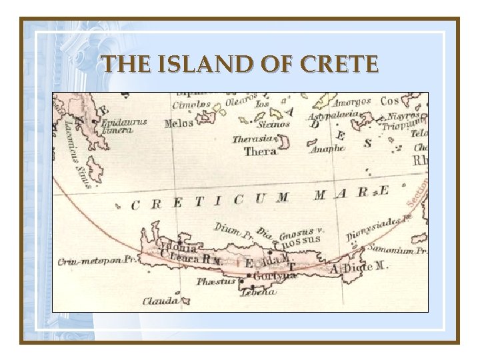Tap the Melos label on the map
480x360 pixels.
click(178, 123)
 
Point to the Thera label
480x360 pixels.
click(260, 151)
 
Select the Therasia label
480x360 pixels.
click(253, 139)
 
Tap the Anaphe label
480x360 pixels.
click(327, 149)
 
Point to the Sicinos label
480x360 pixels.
click(274, 124)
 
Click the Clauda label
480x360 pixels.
click(161, 301)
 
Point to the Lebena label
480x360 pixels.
click(258, 292)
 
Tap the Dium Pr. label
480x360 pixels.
click(234, 230)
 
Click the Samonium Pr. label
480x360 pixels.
click(403, 250)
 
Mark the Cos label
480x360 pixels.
click(391, 101)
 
